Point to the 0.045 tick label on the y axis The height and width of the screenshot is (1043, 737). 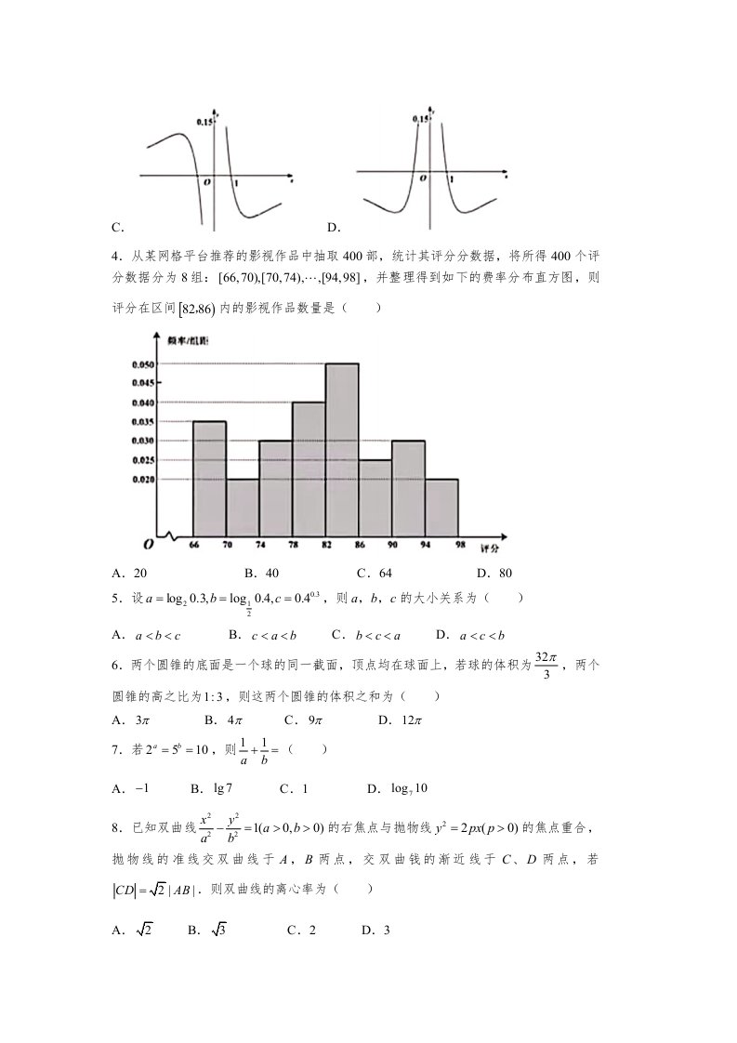(144, 383)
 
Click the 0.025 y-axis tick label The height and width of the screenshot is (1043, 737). (144, 460)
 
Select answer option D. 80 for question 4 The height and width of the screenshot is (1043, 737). (494, 574)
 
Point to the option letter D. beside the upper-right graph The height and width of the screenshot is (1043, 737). (334, 227)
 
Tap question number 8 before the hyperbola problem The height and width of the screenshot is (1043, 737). (116, 828)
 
